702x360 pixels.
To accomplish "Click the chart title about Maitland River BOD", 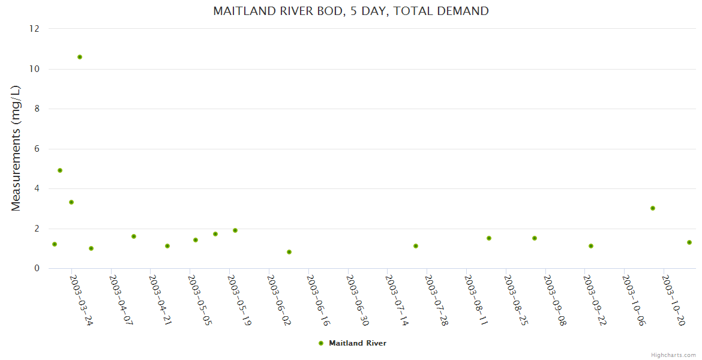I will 351,11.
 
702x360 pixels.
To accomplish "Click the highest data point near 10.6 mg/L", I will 80,57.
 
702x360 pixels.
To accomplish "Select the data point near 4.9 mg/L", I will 60,170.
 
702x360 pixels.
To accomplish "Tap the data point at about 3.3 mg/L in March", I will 71,202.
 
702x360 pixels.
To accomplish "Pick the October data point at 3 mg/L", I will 653,208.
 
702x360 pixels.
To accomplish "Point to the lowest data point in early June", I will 289,252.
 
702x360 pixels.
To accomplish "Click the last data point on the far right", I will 689,242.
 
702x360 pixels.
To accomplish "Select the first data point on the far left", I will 55,244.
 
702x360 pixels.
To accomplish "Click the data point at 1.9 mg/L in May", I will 235,230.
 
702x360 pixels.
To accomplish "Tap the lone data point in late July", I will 416,246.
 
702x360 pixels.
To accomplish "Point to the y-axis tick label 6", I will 37,149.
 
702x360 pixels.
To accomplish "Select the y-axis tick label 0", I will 37,268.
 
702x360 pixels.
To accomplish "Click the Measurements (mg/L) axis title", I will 16,148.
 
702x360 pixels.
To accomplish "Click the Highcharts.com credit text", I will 673,355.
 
